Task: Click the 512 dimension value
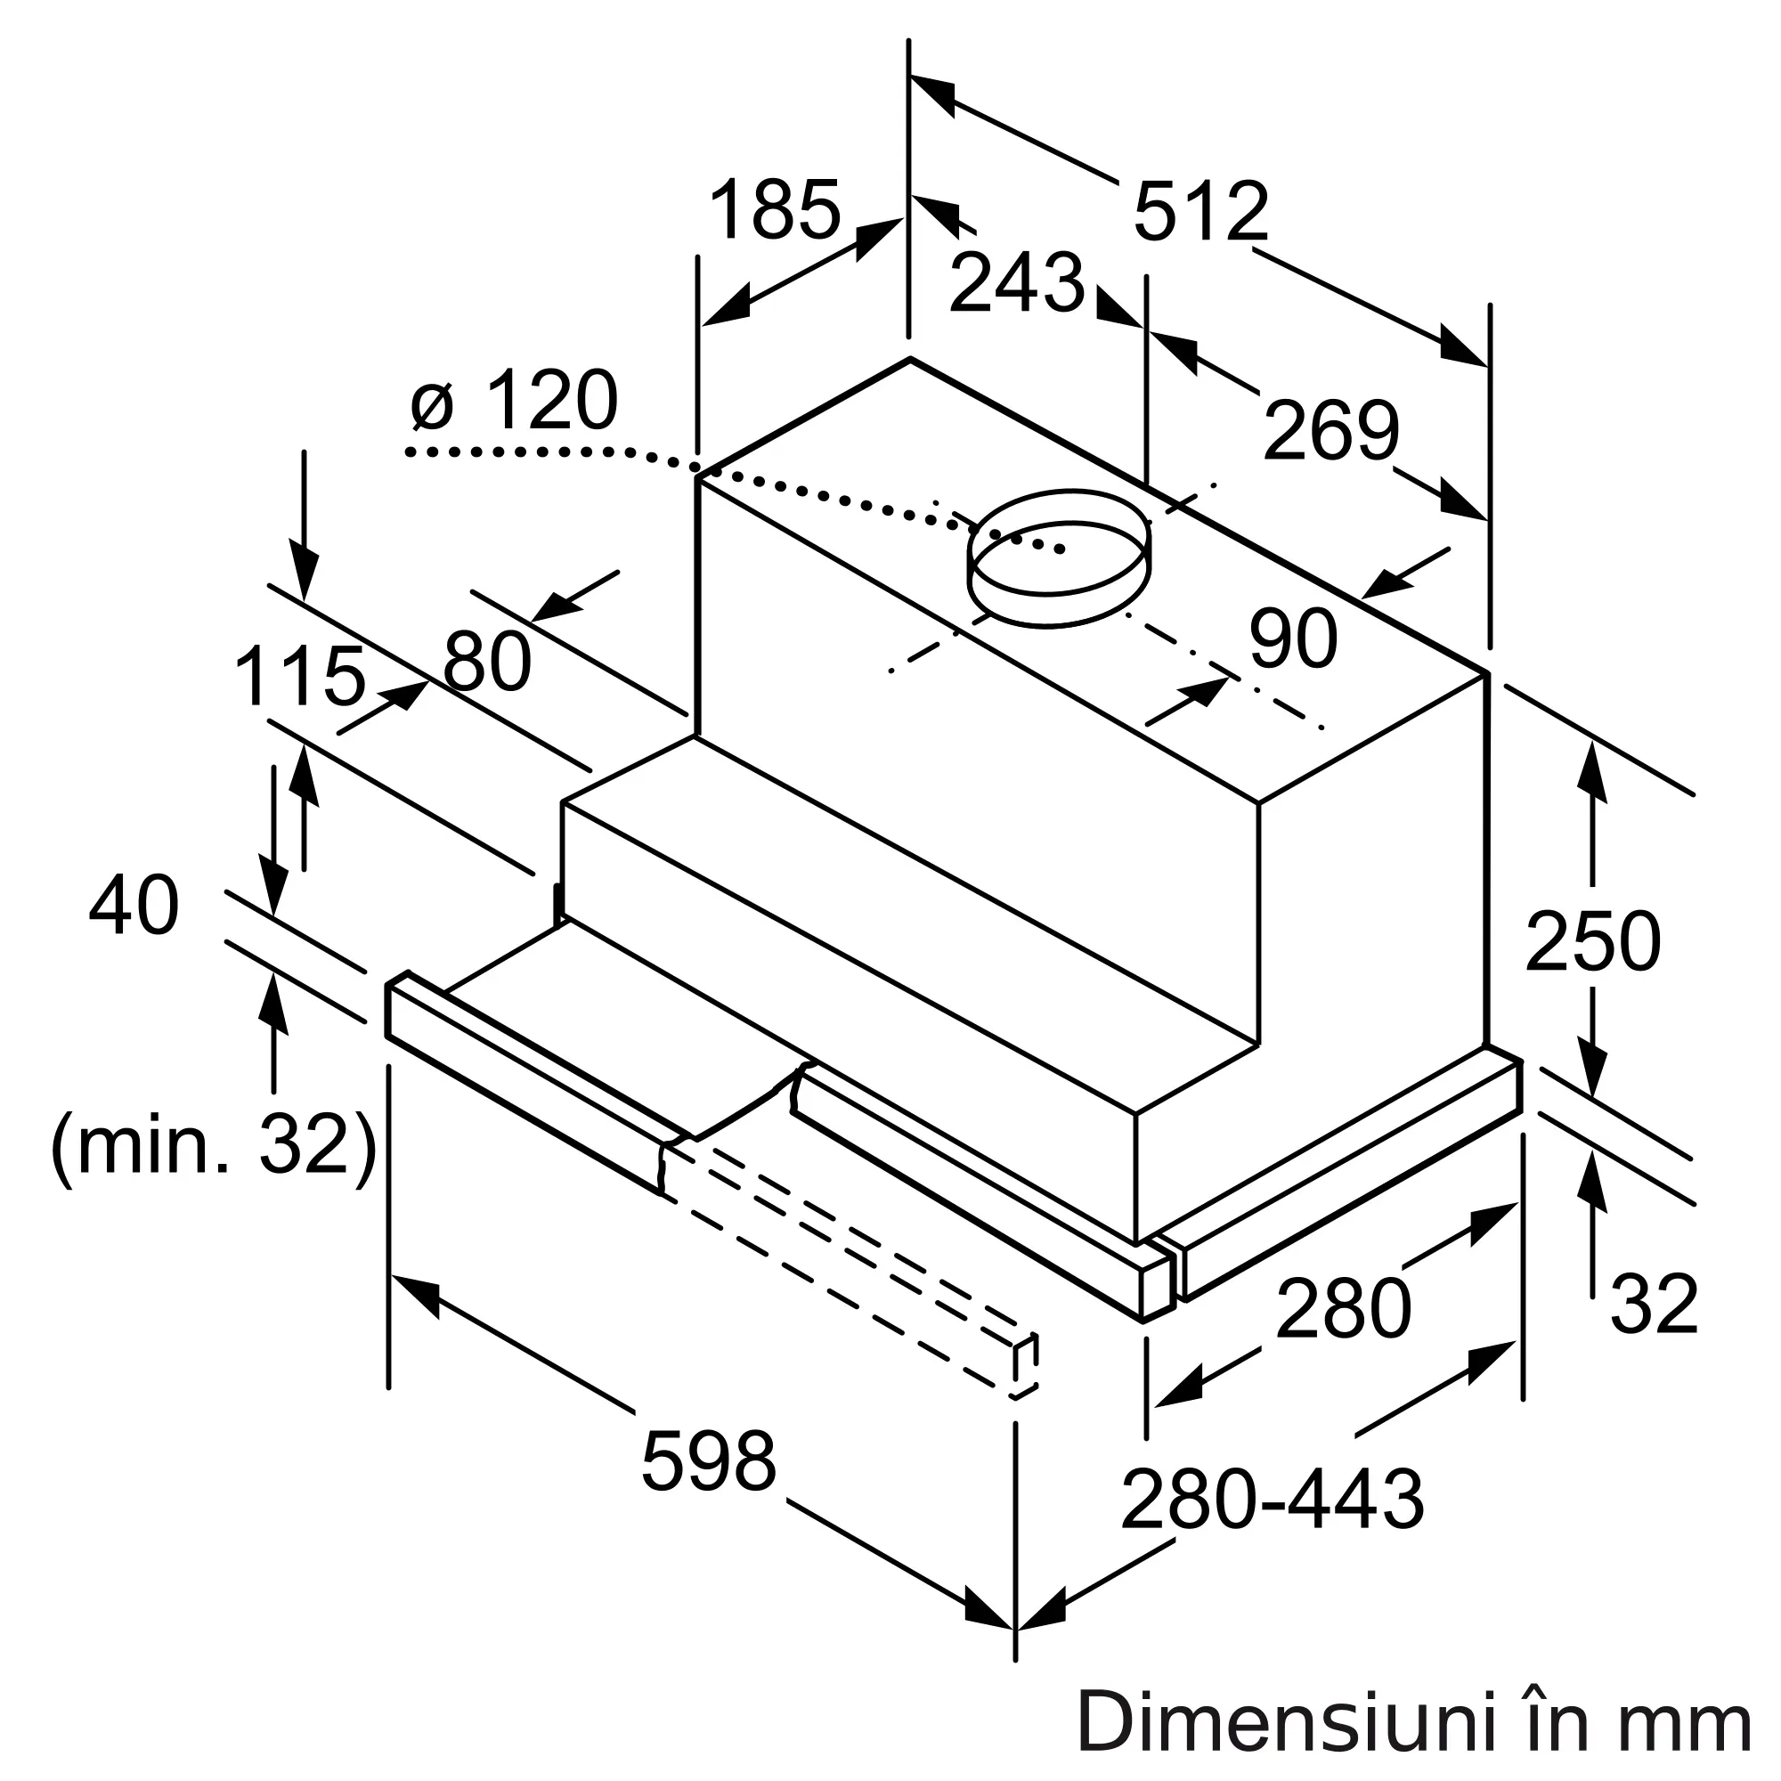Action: click(1200, 213)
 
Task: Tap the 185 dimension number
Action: click(775, 210)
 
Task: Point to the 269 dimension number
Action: click(1330, 431)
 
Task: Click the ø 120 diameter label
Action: click(515, 400)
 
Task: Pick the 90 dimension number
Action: click(1292, 638)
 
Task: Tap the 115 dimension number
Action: click(299, 678)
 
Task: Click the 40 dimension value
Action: click(134, 907)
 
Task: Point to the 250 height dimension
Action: click(1592, 942)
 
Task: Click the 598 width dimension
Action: click(708, 1462)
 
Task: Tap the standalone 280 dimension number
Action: click(1343, 1308)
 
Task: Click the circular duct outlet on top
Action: click(1058, 558)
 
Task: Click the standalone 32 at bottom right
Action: click(1654, 1304)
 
